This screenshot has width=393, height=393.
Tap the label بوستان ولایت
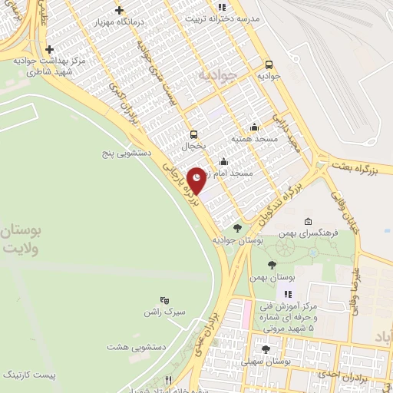tap(22, 239)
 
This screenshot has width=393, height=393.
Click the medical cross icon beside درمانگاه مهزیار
tap(118, 10)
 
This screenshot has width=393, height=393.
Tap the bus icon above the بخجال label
tap(193, 134)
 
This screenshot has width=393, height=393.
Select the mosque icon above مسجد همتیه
tap(254, 128)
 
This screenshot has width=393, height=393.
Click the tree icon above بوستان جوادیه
tap(237, 228)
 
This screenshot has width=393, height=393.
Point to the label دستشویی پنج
tap(126, 154)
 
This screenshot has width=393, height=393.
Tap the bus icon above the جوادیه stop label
tap(269, 65)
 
